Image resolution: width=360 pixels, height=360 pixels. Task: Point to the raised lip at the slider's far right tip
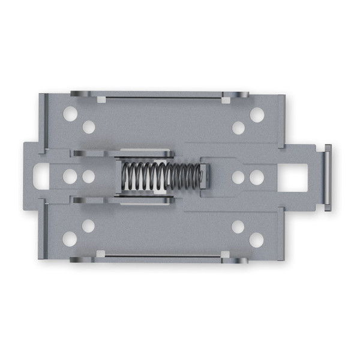pyautogui.click(x=327, y=178)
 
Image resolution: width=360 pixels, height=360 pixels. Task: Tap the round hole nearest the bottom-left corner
pyautogui.click(x=70, y=239)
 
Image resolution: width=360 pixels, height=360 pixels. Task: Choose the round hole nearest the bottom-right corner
pyautogui.click(x=256, y=239)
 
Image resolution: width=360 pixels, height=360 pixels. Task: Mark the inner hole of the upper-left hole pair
pyautogui.click(x=89, y=127)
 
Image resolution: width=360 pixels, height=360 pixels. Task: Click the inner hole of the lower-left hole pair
pyautogui.click(x=88, y=226)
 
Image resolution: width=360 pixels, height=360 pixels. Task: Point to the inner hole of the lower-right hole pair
pyautogui.click(x=238, y=227)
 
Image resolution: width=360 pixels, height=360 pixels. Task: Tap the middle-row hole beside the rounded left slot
pyautogui.click(x=70, y=176)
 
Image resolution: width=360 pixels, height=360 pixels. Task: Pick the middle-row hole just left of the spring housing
pyautogui.click(x=89, y=177)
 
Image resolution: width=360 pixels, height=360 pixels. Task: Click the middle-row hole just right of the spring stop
pyautogui.click(x=238, y=178)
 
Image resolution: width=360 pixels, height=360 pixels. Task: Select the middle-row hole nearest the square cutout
pyautogui.click(x=257, y=178)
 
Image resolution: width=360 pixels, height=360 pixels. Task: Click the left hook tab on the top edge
pyautogui.click(x=82, y=94)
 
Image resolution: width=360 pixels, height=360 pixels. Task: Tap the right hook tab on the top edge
pyautogui.click(x=235, y=94)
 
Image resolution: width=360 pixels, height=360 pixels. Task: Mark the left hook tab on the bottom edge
pyautogui.click(x=82, y=259)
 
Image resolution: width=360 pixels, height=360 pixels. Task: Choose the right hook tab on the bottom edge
pyautogui.click(x=235, y=260)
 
